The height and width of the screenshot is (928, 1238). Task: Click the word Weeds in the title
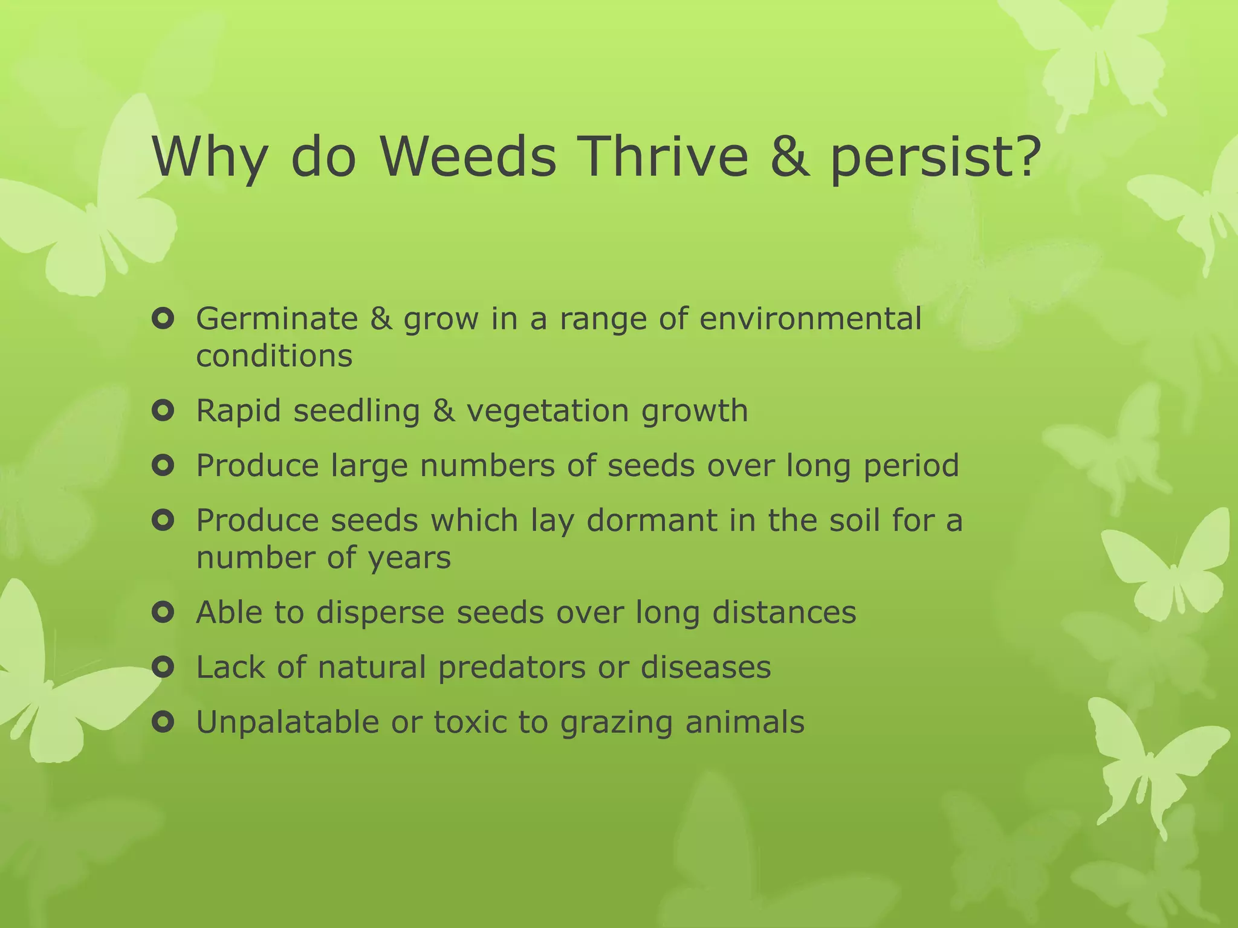(x=468, y=157)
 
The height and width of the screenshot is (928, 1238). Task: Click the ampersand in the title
(x=789, y=157)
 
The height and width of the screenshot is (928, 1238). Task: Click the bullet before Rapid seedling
(x=163, y=411)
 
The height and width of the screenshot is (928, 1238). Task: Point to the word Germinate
(x=277, y=318)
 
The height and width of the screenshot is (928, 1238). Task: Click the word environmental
(x=810, y=318)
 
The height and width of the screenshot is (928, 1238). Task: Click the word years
(x=410, y=558)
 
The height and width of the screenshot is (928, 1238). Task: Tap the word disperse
(x=380, y=613)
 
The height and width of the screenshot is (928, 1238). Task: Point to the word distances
(x=784, y=613)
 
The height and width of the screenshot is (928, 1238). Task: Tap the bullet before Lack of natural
(x=163, y=668)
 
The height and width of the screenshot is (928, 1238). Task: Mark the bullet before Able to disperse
(x=163, y=613)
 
